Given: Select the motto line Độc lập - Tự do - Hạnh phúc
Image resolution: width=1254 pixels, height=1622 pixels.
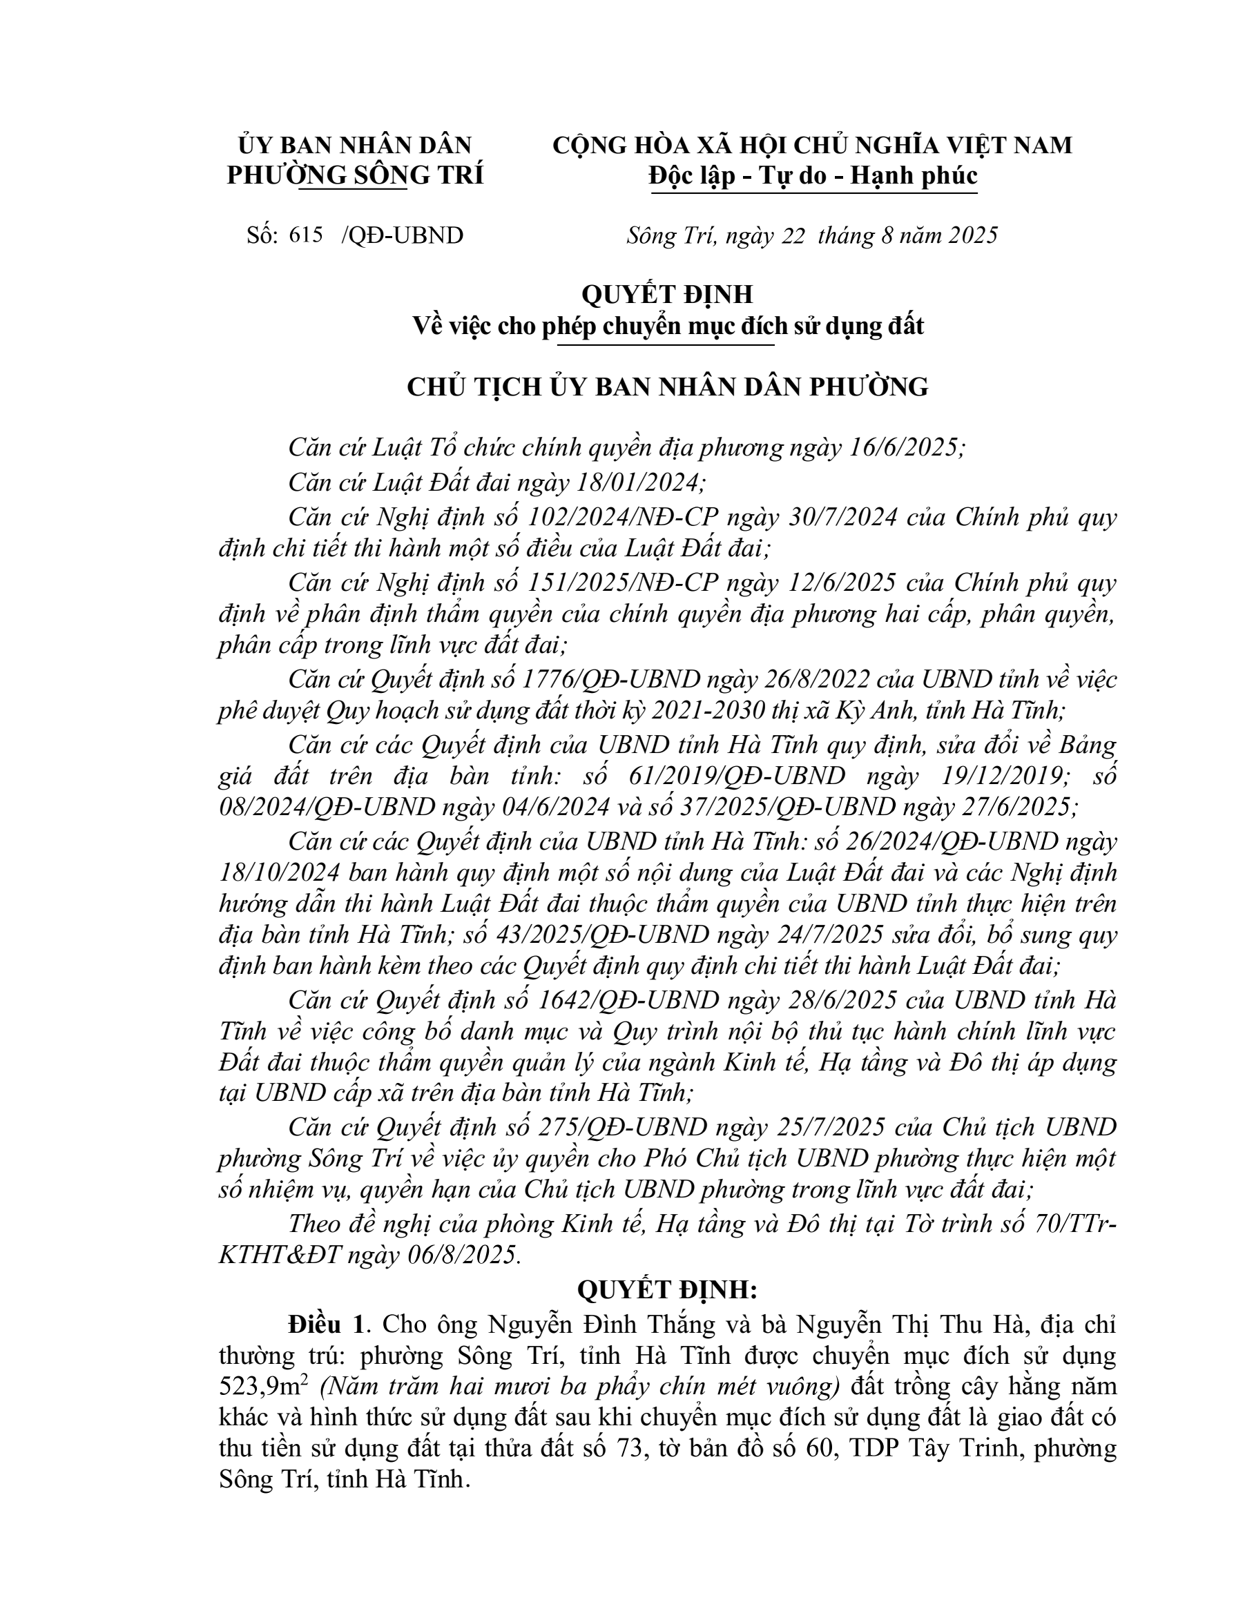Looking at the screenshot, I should (x=813, y=175).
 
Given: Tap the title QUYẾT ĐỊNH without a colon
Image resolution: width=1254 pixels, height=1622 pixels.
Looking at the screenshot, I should (x=667, y=294).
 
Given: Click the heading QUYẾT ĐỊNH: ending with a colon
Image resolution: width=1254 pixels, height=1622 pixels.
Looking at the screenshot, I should (x=667, y=1290).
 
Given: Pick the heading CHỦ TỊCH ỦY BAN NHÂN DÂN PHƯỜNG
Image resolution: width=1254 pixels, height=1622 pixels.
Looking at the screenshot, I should (x=667, y=387).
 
